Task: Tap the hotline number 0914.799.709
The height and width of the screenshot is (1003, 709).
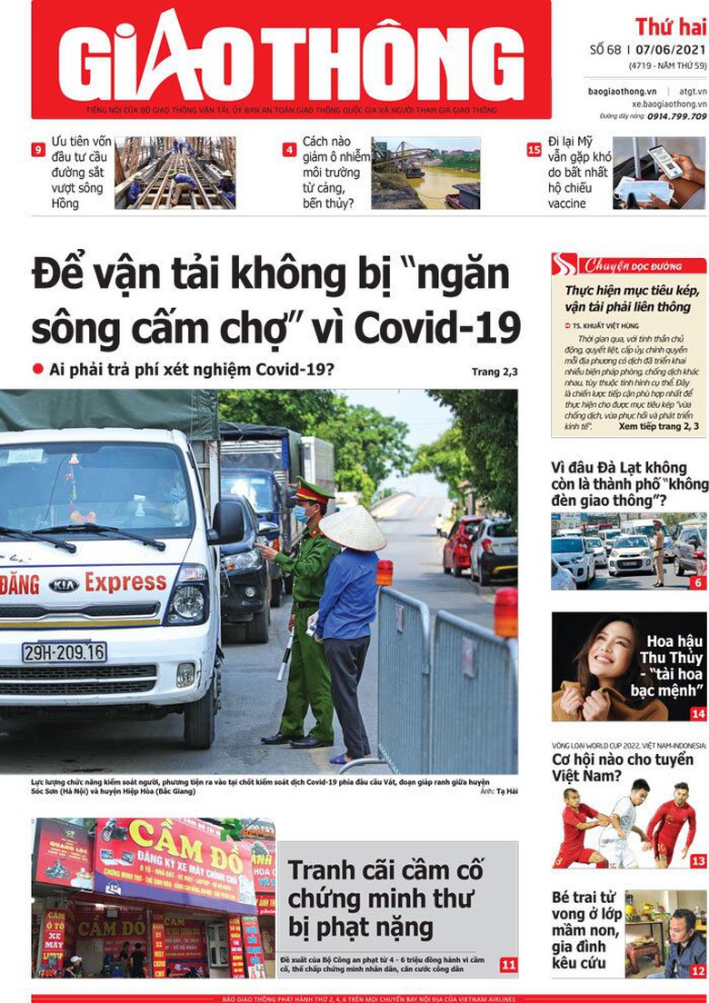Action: click(x=673, y=116)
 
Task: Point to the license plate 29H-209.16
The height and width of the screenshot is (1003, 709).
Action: click(x=64, y=651)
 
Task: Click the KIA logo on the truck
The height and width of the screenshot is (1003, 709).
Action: click(x=63, y=585)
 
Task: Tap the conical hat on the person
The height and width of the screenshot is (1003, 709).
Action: click(x=353, y=529)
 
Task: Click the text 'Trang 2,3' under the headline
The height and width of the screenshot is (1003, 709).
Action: click(x=494, y=372)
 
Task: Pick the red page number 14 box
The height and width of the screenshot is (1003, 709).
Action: click(x=698, y=714)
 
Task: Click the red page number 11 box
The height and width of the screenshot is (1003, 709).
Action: click(x=509, y=965)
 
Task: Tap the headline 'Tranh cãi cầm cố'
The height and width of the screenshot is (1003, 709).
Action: click(x=385, y=870)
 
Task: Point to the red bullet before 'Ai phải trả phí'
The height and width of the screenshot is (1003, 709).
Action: click(x=38, y=369)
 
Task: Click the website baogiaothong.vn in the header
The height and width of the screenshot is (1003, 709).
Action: click(x=622, y=91)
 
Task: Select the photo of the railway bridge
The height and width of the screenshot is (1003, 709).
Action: click(x=175, y=173)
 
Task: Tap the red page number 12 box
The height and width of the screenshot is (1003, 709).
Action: click(x=698, y=971)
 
